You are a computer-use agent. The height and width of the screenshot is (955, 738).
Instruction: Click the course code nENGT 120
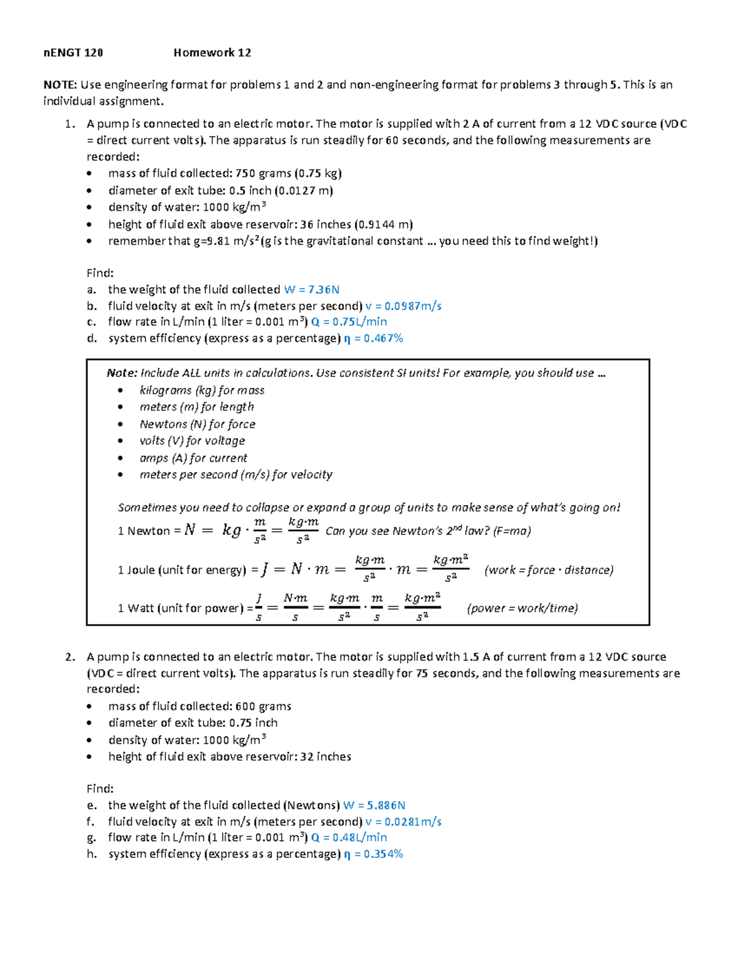pyautogui.click(x=73, y=53)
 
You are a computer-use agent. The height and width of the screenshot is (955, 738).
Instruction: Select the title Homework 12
pyautogui.click(x=212, y=53)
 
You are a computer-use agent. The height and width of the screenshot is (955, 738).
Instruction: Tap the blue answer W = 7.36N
pyautogui.click(x=312, y=290)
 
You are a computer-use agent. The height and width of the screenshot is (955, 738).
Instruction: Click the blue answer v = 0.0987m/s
pyautogui.click(x=403, y=306)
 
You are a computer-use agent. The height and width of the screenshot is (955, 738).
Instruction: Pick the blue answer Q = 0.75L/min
pyautogui.click(x=349, y=322)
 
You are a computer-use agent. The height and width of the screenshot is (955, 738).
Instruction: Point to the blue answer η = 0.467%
pyautogui.click(x=373, y=338)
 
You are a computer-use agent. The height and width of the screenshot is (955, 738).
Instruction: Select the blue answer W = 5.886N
pyautogui.click(x=374, y=806)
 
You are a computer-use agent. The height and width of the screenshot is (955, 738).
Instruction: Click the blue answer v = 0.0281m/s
pyautogui.click(x=403, y=822)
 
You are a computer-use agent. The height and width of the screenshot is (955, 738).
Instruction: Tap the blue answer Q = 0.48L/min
pyautogui.click(x=349, y=838)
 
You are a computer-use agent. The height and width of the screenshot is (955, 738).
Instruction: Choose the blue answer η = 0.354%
pyautogui.click(x=373, y=854)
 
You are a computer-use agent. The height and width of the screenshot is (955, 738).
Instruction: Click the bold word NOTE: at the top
pyautogui.click(x=60, y=85)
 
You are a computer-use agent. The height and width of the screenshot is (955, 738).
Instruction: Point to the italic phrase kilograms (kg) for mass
pyautogui.click(x=202, y=390)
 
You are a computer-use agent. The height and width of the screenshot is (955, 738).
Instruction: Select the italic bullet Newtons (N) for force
pyautogui.click(x=197, y=424)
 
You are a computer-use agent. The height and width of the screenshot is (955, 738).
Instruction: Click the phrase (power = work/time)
pyautogui.click(x=522, y=608)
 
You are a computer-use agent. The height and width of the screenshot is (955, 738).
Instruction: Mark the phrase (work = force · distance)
pyautogui.click(x=549, y=570)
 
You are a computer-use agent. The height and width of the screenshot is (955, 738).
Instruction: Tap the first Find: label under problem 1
pyautogui.click(x=100, y=273)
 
